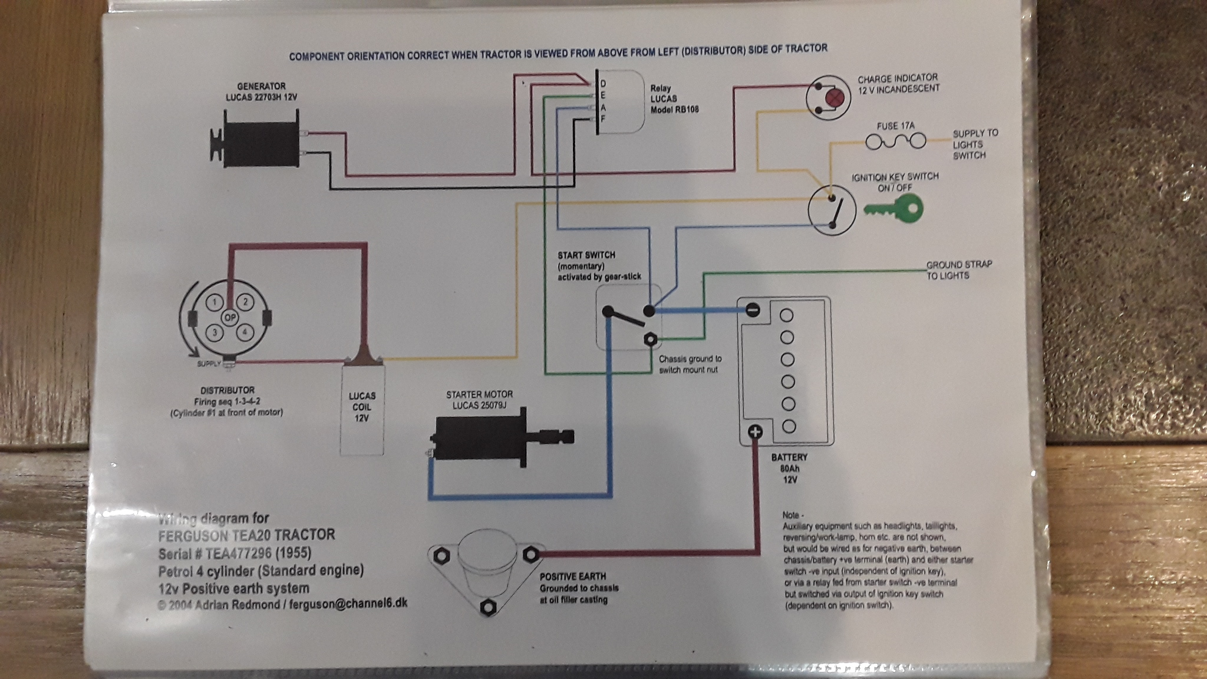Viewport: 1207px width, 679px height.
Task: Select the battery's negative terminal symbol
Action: click(753, 309)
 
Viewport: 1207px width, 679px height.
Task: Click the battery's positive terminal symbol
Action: click(755, 432)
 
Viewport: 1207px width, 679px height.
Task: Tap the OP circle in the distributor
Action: click(230, 317)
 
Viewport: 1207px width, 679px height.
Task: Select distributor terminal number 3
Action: click(215, 332)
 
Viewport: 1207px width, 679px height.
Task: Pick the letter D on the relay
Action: click(603, 84)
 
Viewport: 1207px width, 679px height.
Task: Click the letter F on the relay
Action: click(603, 118)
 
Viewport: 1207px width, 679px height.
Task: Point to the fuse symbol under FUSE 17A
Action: click(895, 141)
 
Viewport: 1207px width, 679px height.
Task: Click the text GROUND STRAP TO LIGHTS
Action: click(958, 270)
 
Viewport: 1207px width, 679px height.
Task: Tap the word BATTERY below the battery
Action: click(789, 457)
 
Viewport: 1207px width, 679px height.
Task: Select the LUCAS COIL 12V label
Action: click(362, 407)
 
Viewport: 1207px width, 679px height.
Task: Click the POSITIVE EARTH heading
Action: click(572, 576)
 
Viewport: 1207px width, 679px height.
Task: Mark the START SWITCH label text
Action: click(586, 255)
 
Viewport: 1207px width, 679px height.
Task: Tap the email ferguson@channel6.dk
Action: click(348, 604)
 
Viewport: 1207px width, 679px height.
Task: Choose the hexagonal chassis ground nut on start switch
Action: click(650, 339)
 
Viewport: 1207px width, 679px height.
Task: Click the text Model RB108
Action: click(674, 109)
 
